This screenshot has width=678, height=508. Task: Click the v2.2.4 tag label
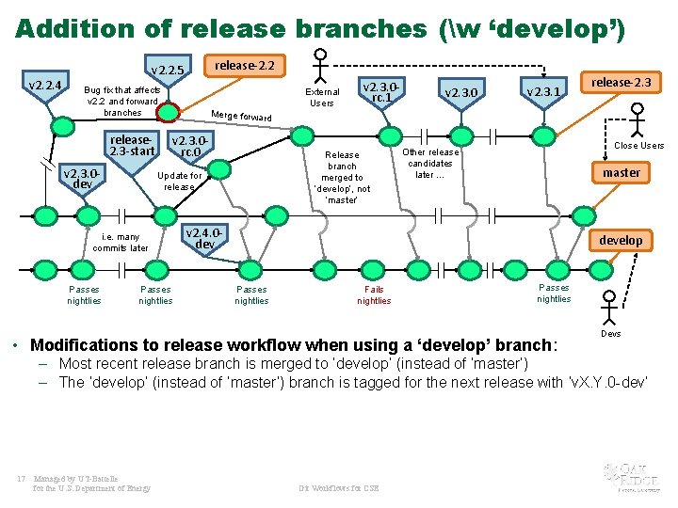[x=45, y=87]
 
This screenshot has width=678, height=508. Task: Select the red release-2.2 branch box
[x=245, y=66]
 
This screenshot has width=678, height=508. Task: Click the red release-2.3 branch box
[x=621, y=83]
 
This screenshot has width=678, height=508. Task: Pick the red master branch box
[x=621, y=172]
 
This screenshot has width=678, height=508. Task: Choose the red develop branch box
[x=621, y=240]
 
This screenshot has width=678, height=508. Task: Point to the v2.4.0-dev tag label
[x=204, y=238]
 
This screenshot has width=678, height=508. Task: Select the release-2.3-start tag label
[x=132, y=146]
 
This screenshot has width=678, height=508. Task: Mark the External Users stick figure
[x=321, y=63]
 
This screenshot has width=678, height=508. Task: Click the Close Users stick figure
[x=638, y=119]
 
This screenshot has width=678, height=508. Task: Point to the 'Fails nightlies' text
[x=374, y=295]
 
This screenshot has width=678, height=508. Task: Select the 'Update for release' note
[x=179, y=181]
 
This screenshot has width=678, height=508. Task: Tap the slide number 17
[x=21, y=478]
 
